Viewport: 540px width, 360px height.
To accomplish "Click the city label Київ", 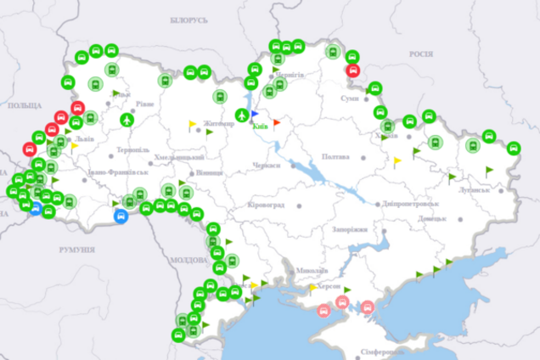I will [261, 127].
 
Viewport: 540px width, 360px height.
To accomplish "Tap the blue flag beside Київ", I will [255, 113].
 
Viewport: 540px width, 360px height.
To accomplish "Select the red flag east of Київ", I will [277, 122].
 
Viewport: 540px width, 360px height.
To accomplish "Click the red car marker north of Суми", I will [354, 70].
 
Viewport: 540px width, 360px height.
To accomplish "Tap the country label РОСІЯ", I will [421, 53].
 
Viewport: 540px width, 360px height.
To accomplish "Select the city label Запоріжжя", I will [350, 229].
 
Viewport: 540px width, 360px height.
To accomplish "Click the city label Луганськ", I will [473, 188].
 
